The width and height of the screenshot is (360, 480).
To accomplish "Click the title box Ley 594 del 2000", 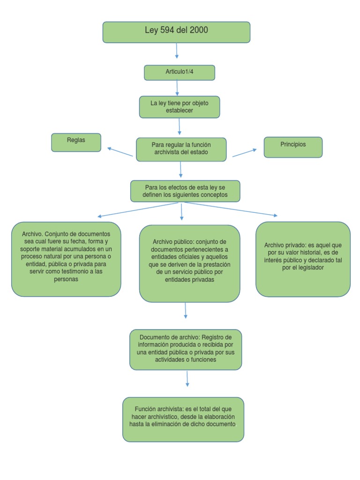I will pyautogui.click(x=176, y=32).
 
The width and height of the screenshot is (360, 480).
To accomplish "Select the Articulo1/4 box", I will pyautogui.click(x=180, y=73).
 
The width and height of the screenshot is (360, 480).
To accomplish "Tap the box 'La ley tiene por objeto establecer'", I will pyautogui.click(x=180, y=107).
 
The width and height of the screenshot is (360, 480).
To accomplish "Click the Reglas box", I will pyautogui.click(x=76, y=142).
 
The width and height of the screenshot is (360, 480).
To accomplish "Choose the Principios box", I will pyautogui.click(x=293, y=147).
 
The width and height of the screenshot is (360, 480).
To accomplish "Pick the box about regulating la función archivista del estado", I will pyautogui.click(x=181, y=150).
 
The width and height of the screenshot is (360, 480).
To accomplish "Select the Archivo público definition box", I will pyautogui.click(x=189, y=263).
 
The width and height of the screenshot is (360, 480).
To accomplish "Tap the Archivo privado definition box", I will pyautogui.click(x=303, y=259).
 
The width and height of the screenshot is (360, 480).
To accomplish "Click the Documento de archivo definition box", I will pyautogui.click(x=186, y=349).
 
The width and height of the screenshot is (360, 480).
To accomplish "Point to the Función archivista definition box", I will pyautogui.click(x=183, y=419).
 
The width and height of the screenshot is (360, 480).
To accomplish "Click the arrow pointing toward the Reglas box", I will pyautogui.click(x=120, y=152).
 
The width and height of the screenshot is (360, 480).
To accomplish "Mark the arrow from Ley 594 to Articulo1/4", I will pyautogui.click(x=177, y=51).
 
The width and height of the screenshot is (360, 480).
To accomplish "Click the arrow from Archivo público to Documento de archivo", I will pyautogui.click(x=186, y=310).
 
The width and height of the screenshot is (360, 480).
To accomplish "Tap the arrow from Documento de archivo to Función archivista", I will pyautogui.click(x=187, y=378).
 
